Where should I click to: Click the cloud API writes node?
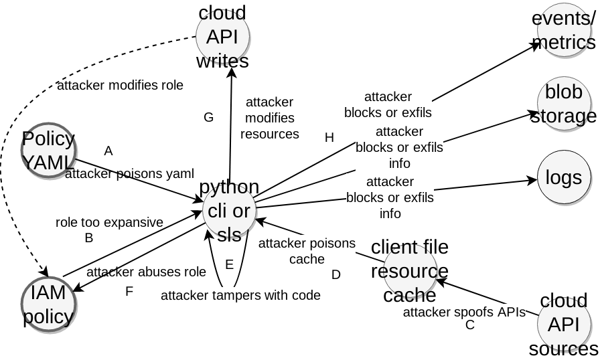[x=222, y=37]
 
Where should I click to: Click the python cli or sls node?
[x=230, y=211]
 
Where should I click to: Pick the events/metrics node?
[x=564, y=31]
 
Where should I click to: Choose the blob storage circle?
[x=564, y=104]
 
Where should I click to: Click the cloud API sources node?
[x=564, y=325]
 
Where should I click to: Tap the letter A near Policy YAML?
[x=108, y=151]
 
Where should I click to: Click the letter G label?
[x=208, y=118]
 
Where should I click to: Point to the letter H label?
[x=329, y=138]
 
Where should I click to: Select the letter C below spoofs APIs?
[x=470, y=325]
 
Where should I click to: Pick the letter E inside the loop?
[x=229, y=264]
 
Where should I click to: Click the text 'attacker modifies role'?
[x=120, y=85]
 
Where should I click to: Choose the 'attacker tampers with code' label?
[x=240, y=295]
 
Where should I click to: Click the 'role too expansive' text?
[x=109, y=222]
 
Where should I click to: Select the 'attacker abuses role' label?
[x=146, y=272]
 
